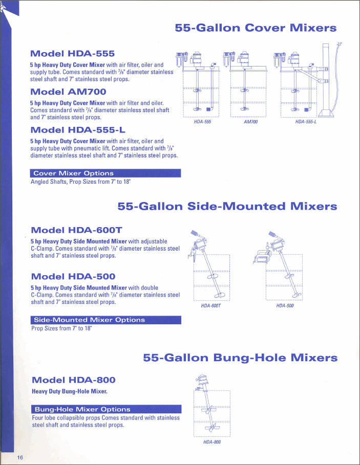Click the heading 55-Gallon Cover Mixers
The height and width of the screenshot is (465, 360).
click(x=256, y=28)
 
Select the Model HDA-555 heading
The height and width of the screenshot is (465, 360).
click(x=72, y=53)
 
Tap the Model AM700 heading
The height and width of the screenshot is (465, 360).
click(x=68, y=92)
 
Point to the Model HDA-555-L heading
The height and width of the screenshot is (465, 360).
click(x=78, y=129)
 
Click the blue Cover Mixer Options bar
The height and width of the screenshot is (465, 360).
click(x=105, y=173)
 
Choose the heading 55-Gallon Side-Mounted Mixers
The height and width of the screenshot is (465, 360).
click(x=227, y=206)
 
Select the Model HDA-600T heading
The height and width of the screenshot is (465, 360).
click(x=76, y=230)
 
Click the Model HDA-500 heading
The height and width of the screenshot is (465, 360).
click(x=73, y=276)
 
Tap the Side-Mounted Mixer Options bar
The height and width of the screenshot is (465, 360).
click(x=106, y=320)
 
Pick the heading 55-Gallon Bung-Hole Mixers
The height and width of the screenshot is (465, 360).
click(x=240, y=357)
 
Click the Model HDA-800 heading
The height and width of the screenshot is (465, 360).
click(x=74, y=380)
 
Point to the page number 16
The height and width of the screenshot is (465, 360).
click(x=20, y=457)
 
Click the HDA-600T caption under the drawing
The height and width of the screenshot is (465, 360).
click(x=210, y=305)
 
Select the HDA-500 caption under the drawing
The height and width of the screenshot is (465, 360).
click(x=285, y=305)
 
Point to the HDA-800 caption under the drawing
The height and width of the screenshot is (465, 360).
click(x=211, y=442)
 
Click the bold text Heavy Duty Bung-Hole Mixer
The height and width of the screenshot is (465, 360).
click(x=69, y=391)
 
